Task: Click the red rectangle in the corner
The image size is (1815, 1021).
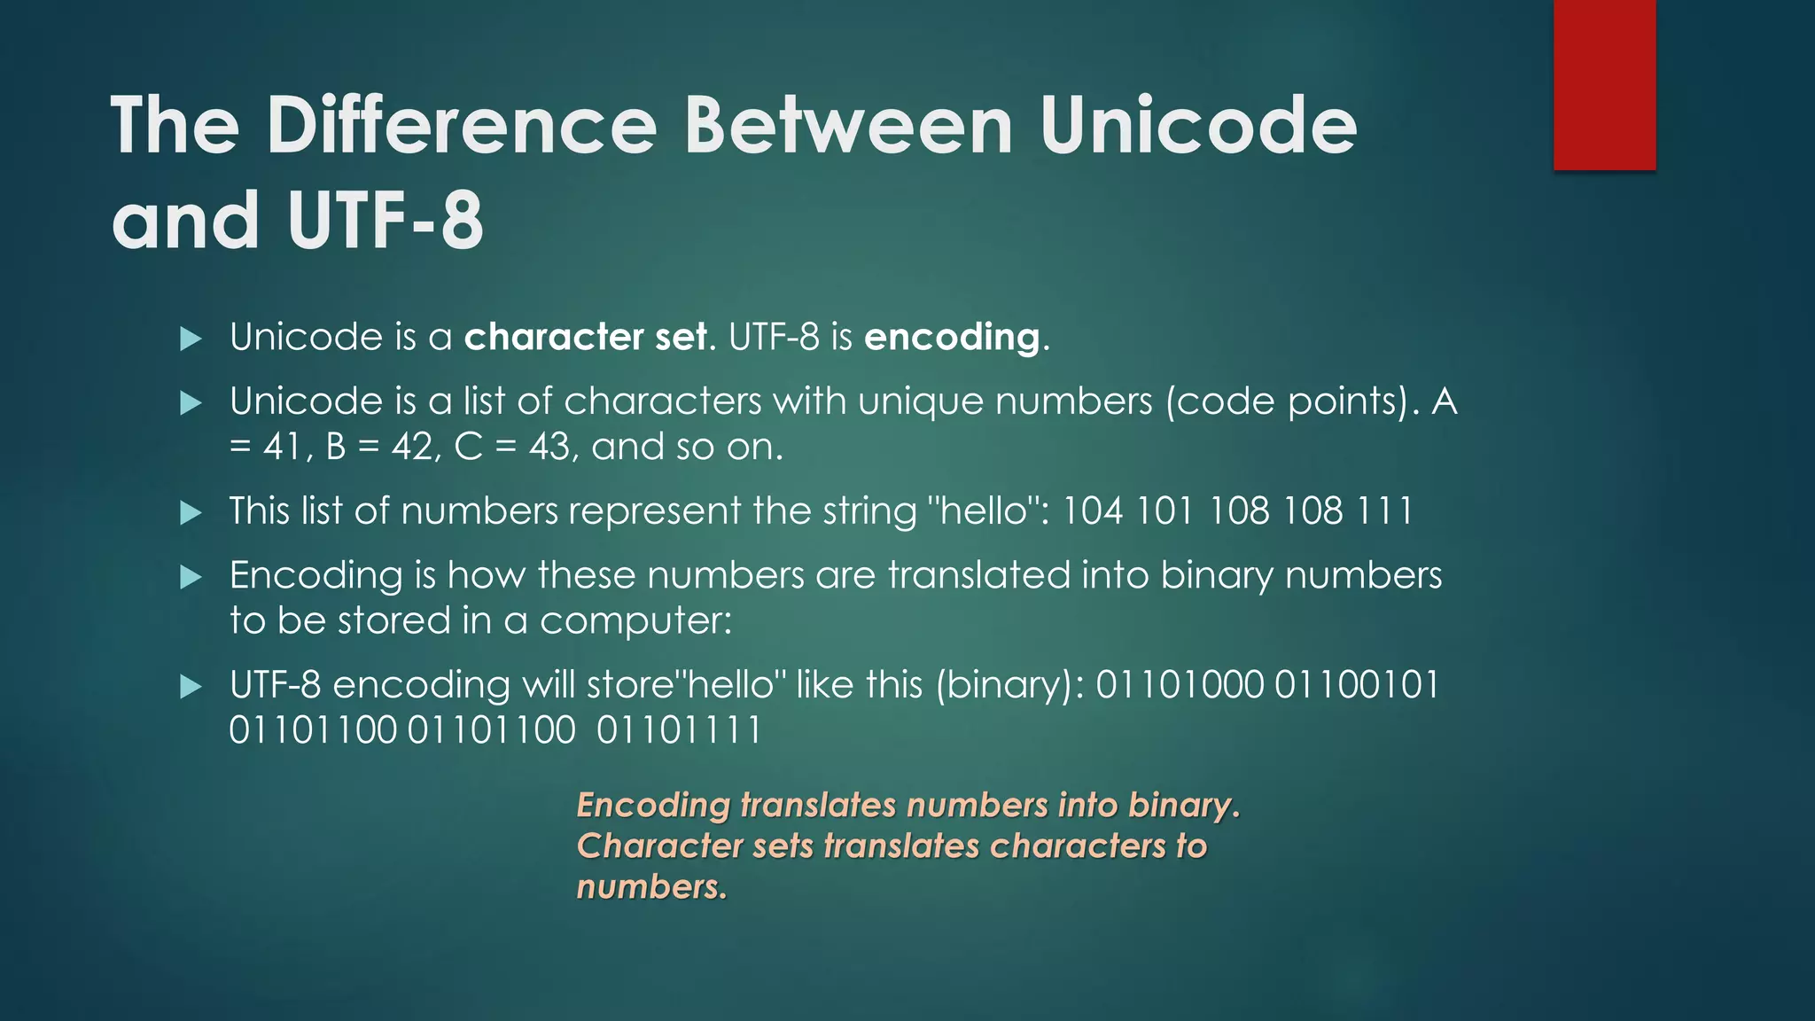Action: pos(1604,84)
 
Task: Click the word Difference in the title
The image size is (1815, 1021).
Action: pos(461,126)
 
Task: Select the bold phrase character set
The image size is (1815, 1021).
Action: pos(586,337)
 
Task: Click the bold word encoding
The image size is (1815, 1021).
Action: pos(952,338)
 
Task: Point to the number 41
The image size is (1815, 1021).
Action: pos(283,447)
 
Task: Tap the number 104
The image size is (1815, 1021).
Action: pos(1093,511)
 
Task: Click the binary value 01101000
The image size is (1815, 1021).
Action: pos(1180,685)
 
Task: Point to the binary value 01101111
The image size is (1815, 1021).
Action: pos(679,731)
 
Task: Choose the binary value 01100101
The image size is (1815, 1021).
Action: pos(1358,685)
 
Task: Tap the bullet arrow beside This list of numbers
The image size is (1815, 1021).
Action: pos(191,512)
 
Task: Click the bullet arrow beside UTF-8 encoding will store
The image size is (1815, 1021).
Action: pos(191,686)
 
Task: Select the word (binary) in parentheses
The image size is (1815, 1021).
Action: pos(1009,686)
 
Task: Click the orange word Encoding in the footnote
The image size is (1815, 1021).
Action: pos(653,805)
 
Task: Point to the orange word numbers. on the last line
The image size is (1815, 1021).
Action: pos(651,886)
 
